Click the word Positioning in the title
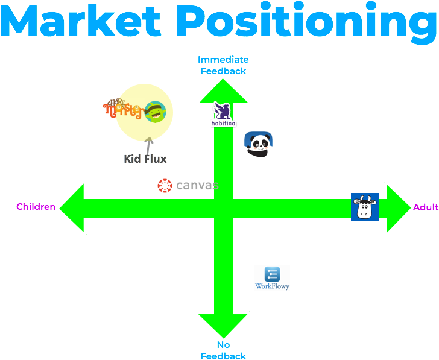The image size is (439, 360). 310,23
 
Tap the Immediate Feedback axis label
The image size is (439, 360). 223,65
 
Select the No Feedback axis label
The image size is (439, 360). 223,350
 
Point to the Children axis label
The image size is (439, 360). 36,207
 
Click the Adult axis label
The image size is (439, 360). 426,207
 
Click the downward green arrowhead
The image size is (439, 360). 223,325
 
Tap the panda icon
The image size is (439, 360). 258,145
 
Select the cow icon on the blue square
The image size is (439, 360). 365,207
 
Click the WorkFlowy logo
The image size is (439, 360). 272,278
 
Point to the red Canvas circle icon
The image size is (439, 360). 165,185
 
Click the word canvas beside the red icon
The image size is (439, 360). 196,185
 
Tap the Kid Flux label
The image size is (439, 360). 145,159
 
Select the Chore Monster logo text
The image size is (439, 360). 123,109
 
